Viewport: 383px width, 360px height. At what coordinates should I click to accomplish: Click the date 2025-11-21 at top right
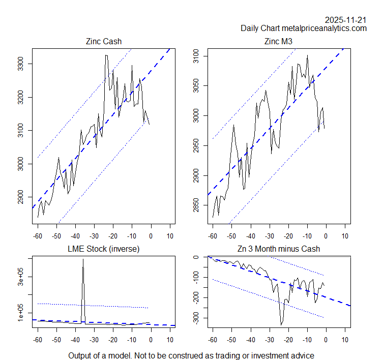[346, 20]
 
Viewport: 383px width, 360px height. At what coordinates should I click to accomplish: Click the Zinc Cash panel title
[104, 41]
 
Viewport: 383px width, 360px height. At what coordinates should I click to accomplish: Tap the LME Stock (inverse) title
[104, 249]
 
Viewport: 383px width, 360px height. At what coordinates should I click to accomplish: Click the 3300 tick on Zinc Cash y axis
[20, 64]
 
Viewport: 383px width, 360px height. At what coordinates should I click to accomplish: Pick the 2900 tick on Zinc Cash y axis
[20, 197]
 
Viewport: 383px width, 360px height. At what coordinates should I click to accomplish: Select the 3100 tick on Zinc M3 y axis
[196, 56]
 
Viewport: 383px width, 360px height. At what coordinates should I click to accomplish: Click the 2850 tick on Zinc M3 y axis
[196, 205]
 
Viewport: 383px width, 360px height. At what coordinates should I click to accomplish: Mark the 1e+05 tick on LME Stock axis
[20, 313]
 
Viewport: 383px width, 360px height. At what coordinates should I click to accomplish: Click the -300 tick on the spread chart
[196, 318]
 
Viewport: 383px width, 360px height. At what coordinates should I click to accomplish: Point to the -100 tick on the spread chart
[196, 278]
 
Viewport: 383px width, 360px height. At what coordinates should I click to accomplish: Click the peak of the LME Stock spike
[83, 259]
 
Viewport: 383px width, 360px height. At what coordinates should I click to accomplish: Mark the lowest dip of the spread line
[281, 324]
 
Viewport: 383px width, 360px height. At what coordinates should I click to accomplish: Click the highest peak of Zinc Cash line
[106, 55]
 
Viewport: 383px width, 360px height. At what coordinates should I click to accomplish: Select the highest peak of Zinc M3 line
[307, 55]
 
